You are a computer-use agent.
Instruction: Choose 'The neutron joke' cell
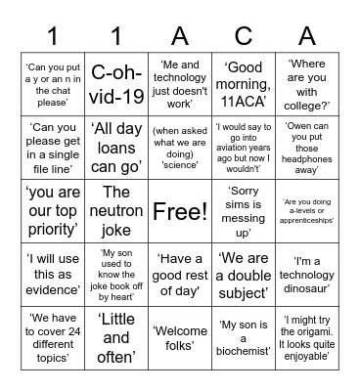115,210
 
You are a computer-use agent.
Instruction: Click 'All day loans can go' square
115,147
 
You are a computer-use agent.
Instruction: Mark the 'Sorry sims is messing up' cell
244,210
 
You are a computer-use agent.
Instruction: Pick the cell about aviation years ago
244,147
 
